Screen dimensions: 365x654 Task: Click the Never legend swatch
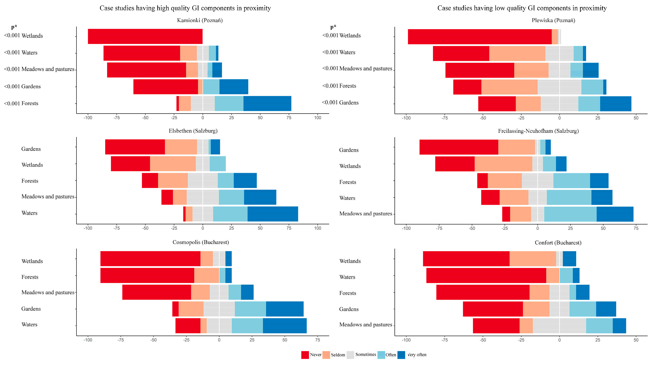[x=305, y=355]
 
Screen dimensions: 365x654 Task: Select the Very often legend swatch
[x=401, y=355]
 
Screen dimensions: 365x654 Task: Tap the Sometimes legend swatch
[x=350, y=355]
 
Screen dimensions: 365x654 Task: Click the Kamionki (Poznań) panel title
[x=200, y=20]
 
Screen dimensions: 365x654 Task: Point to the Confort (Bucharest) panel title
[x=558, y=243]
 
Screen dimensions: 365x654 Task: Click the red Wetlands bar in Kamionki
[x=145, y=36]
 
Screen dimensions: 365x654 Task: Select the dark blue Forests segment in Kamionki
[x=267, y=103]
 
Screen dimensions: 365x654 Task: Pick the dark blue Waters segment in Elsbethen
[x=273, y=214]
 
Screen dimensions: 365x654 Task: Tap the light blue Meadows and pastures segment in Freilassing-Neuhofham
[x=570, y=214]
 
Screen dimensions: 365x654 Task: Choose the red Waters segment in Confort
[x=486, y=275]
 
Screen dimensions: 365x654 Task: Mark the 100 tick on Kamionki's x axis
[x=318, y=118]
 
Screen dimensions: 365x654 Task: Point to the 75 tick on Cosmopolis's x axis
[x=318, y=340]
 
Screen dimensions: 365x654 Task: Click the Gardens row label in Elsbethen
[x=31, y=149]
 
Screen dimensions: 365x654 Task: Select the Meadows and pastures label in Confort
[x=366, y=325]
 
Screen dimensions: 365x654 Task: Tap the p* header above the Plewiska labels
[x=333, y=27]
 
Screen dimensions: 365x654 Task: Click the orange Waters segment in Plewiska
[x=517, y=54]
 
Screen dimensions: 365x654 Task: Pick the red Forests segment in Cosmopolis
[x=147, y=275]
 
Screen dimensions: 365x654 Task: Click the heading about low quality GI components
[x=522, y=8]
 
